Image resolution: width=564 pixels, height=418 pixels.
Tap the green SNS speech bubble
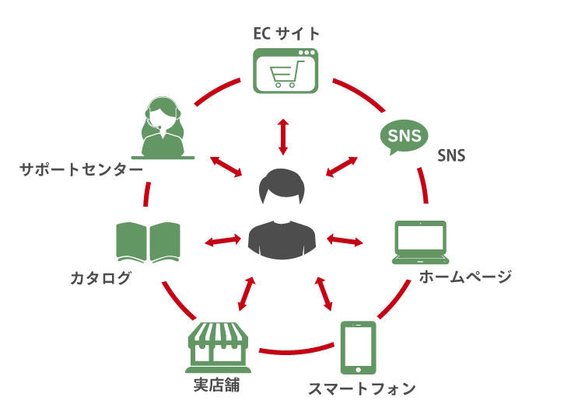(x=404, y=137)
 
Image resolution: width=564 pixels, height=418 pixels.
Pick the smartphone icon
(x=358, y=348)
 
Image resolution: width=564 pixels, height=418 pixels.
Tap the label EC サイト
(x=286, y=33)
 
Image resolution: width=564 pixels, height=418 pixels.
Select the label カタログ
(x=100, y=277)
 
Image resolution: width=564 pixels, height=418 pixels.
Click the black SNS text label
(x=451, y=155)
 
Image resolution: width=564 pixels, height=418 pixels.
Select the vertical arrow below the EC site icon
(x=282, y=137)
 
